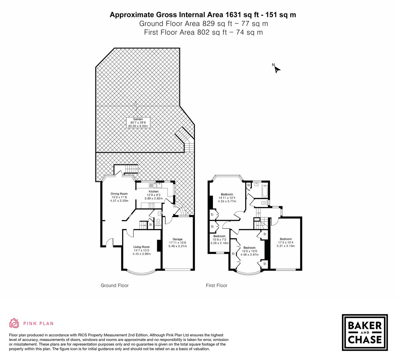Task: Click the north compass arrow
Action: click(x=277, y=69)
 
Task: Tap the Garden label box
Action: click(x=138, y=123)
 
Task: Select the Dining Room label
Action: click(x=119, y=197)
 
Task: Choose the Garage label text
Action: click(x=177, y=242)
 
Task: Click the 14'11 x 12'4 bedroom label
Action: click(x=227, y=198)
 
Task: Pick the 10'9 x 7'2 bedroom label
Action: click(x=219, y=240)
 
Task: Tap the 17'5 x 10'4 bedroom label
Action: click(x=286, y=242)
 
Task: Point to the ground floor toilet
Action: click(x=158, y=221)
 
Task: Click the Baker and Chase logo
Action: click(x=365, y=332)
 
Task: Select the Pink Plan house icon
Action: click(x=14, y=323)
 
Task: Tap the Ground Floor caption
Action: click(x=115, y=285)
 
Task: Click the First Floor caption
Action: click(x=217, y=285)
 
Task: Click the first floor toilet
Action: click(x=264, y=202)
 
